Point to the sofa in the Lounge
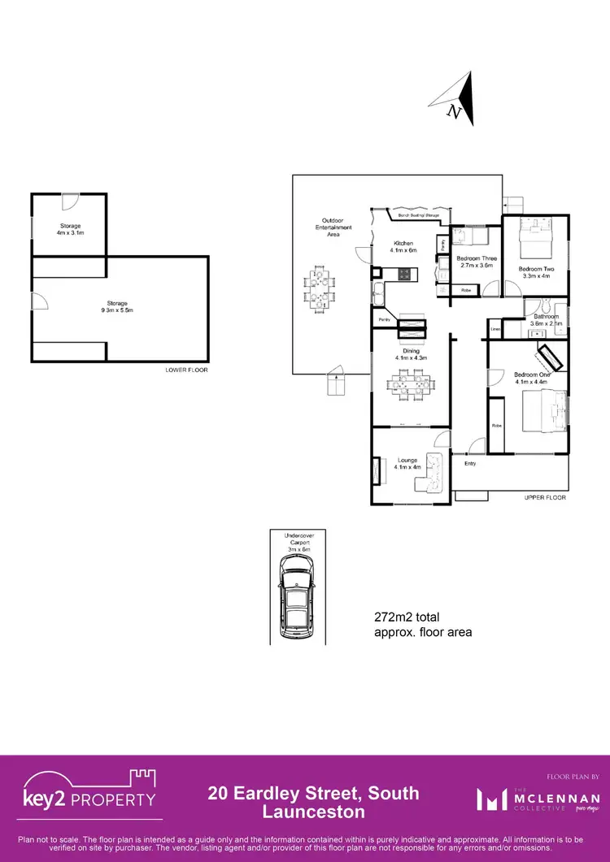[x=432, y=475]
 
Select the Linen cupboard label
[x=495, y=329]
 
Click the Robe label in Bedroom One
[x=495, y=426]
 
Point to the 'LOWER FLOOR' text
[x=186, y=370]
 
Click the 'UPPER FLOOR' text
[x=545, y=497]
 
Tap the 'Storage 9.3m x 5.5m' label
[x=117, y=307]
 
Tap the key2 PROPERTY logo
[x=88, y=797]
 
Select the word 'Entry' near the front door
[x=470, y=464]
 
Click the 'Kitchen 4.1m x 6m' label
[x=404, y=247]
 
